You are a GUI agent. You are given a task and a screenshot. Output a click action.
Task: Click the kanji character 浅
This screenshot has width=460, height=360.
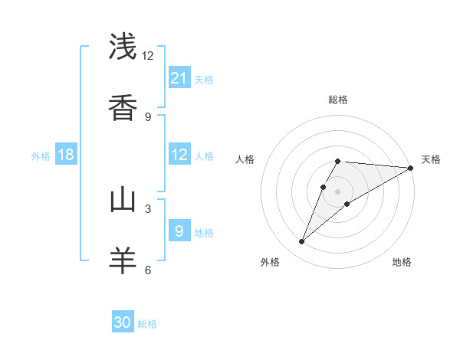[123, 47]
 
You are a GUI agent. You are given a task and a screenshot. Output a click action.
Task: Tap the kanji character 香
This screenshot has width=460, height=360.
[123, 107]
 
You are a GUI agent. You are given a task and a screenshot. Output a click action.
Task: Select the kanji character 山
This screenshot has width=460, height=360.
[123, 200]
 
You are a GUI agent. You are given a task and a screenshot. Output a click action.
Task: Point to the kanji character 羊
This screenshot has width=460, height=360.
[123, 260]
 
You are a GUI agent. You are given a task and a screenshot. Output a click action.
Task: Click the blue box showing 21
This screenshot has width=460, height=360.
[179, 78]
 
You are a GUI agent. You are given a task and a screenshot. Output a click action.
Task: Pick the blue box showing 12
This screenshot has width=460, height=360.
[179, 155]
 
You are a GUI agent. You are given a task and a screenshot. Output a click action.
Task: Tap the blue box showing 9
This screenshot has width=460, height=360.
[179, 231]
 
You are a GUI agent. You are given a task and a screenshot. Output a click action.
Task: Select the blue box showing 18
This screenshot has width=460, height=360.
[66, 155]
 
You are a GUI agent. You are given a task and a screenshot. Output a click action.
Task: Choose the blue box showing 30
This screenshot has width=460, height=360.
[123, 322]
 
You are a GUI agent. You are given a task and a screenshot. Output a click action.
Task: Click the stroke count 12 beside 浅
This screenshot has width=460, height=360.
[148, 55]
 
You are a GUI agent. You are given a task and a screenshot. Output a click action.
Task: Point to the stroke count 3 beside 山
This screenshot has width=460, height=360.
[148, 208]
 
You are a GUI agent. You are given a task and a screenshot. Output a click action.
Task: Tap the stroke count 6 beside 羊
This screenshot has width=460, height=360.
[148, 270]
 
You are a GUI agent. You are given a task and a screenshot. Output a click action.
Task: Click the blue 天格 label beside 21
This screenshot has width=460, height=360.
[204, 80]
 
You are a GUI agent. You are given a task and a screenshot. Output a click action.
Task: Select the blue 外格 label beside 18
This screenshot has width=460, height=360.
[41, 156]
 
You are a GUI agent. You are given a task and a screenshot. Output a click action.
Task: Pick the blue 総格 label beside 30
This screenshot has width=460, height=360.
[147, 324]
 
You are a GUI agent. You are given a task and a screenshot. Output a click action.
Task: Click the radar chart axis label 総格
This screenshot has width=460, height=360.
[338, 100]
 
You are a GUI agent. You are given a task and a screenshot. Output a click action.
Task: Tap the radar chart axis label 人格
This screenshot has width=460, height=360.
[245, 159]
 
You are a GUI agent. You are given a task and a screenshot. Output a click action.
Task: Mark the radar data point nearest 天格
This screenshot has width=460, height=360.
[411, 168]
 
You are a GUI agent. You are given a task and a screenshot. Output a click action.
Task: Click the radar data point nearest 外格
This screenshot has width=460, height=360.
[302, 242]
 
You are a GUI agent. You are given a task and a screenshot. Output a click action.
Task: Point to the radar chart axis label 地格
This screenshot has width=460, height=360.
[402, 262]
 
